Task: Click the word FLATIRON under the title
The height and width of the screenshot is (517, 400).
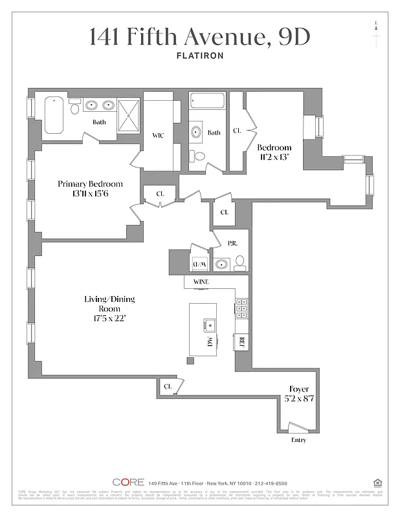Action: click(x=199, y=56)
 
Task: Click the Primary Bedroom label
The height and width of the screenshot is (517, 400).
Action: click(x=90, y=184)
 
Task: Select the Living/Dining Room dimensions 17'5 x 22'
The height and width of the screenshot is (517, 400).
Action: click(x=109, y=319)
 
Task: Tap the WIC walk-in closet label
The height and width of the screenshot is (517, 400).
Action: click(x=158, y=136)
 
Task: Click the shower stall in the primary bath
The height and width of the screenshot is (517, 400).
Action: click(x=129, y=114)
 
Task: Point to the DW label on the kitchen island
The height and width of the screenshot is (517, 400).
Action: click(x=210, y=343)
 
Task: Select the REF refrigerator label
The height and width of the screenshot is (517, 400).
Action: click(x=241, y=342)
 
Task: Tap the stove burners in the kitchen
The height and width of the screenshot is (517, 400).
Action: click(x=241, y=309)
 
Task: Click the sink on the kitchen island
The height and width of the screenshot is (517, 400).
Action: click(x=209, y=324)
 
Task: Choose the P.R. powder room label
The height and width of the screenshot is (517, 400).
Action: click(x=233, y=243)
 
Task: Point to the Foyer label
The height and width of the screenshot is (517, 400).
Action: click(x=298, y=389)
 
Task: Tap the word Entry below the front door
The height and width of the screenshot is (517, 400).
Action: click(x=298, y=440)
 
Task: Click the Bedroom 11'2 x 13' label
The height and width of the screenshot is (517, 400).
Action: click(x=274, y=152)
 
